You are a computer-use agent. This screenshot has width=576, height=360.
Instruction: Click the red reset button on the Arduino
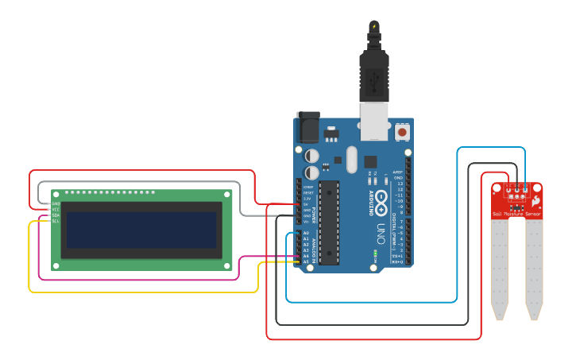[x=402, y=131]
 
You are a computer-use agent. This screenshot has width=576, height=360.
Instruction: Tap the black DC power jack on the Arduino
[x=307, y=127]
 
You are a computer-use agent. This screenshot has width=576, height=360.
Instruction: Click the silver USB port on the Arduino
[x=373, y=120]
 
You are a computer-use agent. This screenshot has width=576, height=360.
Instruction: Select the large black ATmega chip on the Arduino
[x=330, y=222]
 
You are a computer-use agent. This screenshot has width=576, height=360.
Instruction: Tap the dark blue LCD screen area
[x=141, y=230]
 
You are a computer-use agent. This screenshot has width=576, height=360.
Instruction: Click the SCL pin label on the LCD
[x=56, y=221]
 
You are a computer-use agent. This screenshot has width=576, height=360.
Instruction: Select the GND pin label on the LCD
[x=56, y=203]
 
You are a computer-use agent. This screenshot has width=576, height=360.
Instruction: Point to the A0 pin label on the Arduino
[x=306, y=233]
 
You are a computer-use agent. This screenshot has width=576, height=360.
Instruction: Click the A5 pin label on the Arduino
[x=306, y=261]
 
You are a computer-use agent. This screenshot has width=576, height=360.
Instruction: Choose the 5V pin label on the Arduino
[x=306, y=204]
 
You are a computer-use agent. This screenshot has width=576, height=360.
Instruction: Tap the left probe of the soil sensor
[x=499, y=270]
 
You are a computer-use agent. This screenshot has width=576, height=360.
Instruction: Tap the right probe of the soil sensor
[x=534, y=270]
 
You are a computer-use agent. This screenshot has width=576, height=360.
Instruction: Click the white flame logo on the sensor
[x=537, y=198]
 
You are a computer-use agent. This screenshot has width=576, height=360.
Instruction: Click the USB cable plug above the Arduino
[x=373, y=72]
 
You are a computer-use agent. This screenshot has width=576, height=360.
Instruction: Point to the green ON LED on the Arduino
[x=374, y=254]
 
